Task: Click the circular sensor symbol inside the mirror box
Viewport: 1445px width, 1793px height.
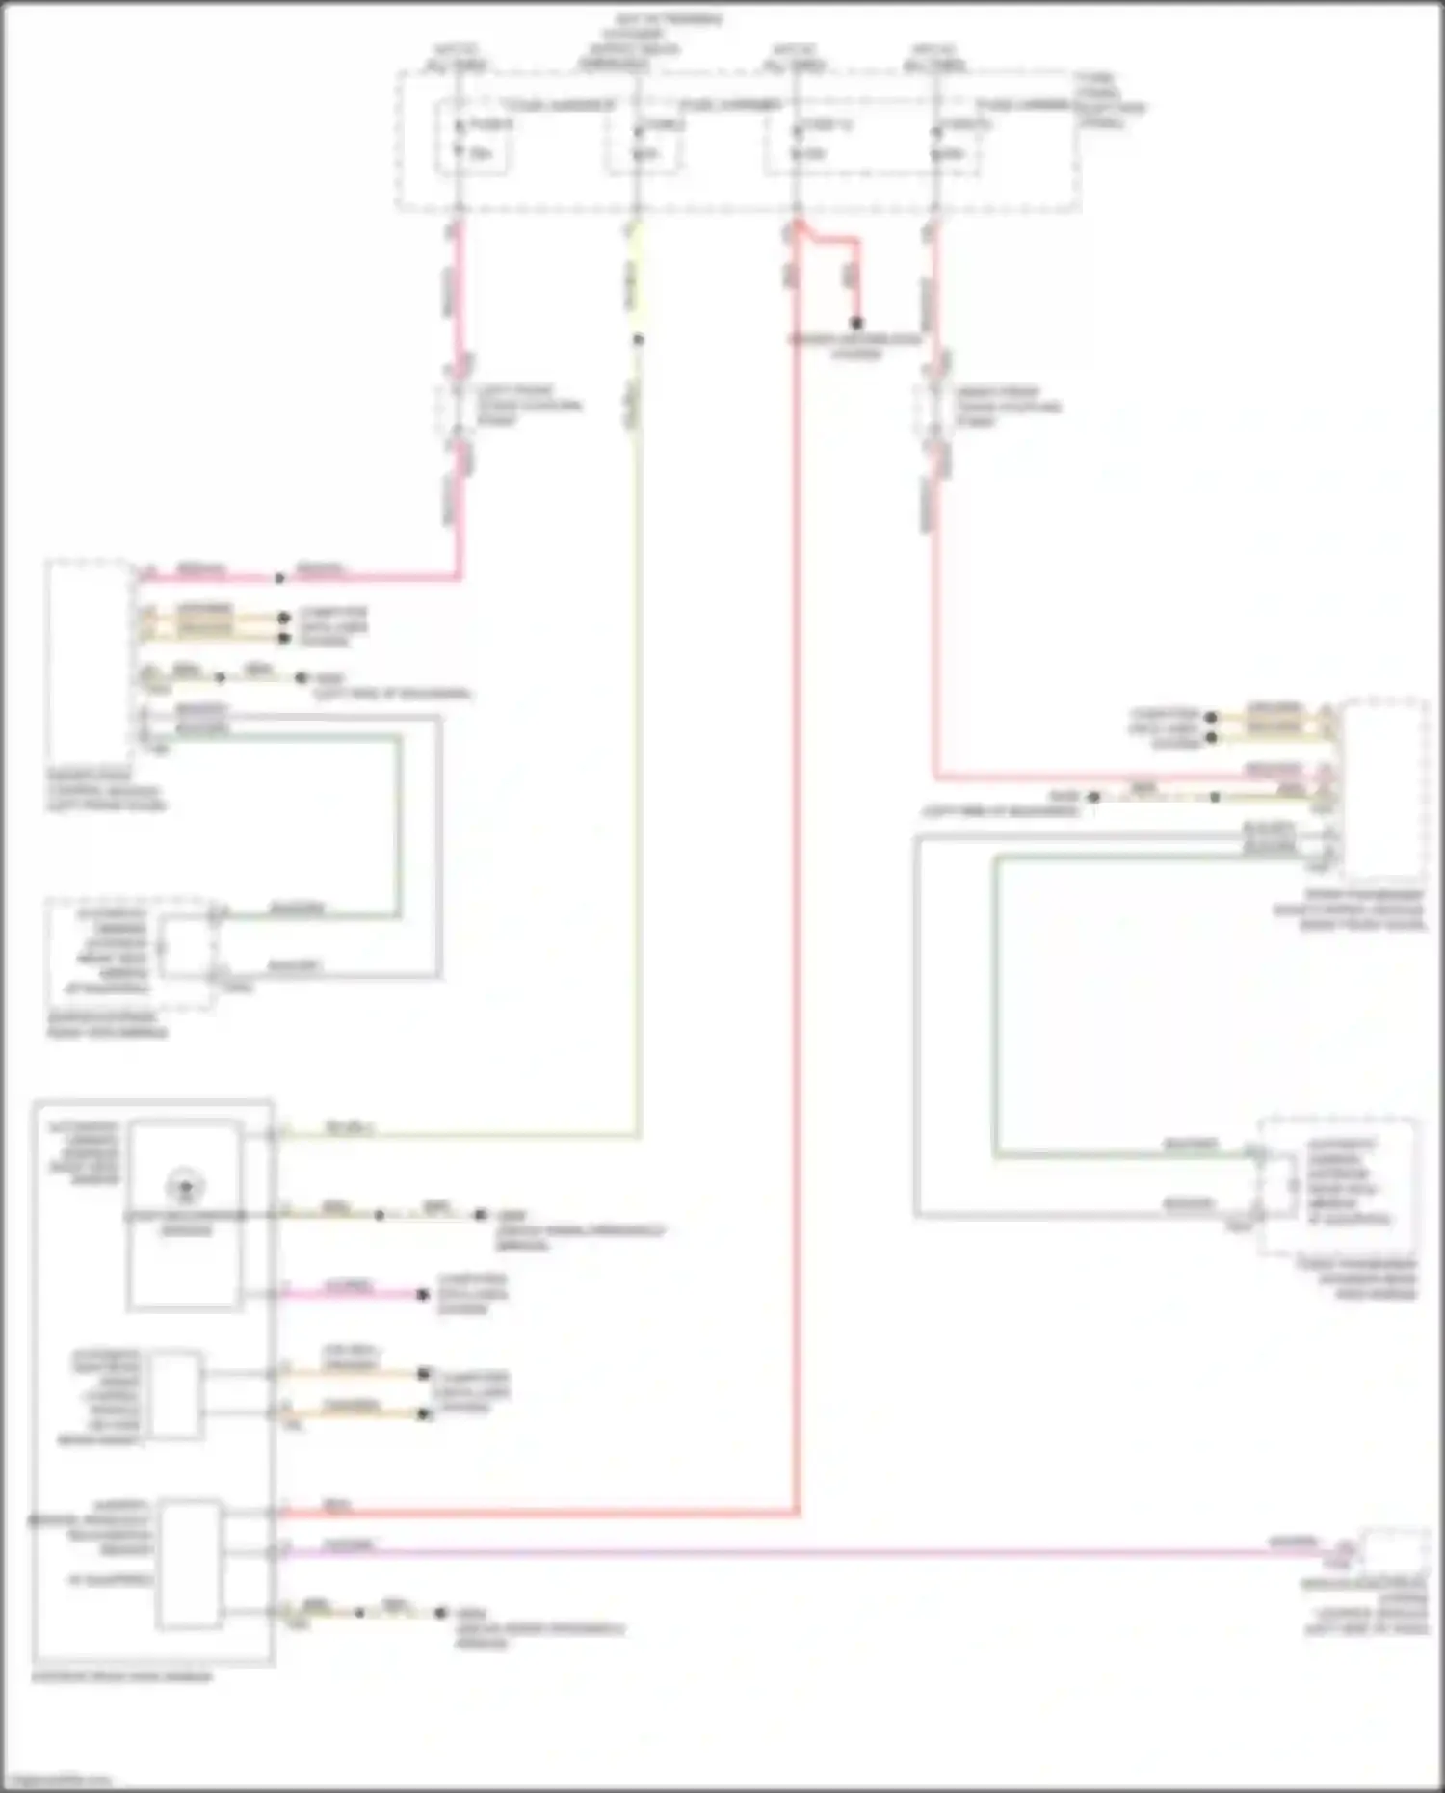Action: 186,1185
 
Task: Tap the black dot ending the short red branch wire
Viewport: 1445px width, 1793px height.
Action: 855,324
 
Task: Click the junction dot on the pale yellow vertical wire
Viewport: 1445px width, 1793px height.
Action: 638,339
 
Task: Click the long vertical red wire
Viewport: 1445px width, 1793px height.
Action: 798,867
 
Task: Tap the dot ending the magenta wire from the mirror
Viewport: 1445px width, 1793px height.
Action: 422,1294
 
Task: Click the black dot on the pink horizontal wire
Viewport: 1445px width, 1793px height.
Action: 279,578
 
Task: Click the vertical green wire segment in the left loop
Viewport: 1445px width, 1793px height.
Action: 397,824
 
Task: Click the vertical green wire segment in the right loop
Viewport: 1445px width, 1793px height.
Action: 996,1007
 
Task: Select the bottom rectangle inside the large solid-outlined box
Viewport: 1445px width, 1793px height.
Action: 189,1563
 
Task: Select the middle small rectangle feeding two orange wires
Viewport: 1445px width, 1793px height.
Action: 175,1394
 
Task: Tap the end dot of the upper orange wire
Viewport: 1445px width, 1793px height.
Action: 423,1372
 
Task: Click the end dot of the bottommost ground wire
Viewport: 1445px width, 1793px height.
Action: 440,1612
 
